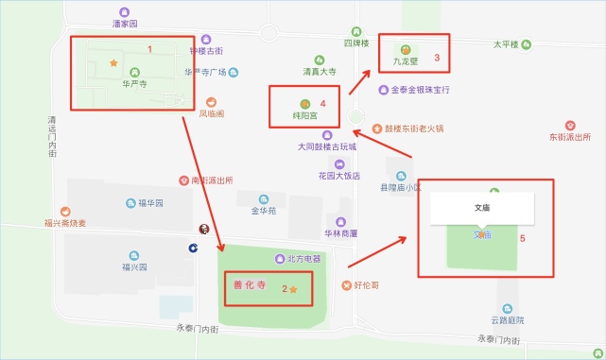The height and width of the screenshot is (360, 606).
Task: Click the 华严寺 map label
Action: [134, 83]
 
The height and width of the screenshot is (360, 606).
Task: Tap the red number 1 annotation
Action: [149, 47]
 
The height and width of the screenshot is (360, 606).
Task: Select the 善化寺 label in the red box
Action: [248, 284]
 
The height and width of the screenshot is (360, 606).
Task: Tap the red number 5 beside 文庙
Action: [522, 238]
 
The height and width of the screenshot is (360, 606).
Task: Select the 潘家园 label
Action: [125, 23]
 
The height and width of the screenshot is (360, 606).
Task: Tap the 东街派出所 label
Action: [569, 137]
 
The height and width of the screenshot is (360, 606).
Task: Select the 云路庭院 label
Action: [508, 321]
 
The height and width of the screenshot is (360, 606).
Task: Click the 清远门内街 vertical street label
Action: [53, 136]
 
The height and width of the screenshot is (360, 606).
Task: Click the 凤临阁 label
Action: [211, 113]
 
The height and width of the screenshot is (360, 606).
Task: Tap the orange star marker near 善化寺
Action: [293, 288]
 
